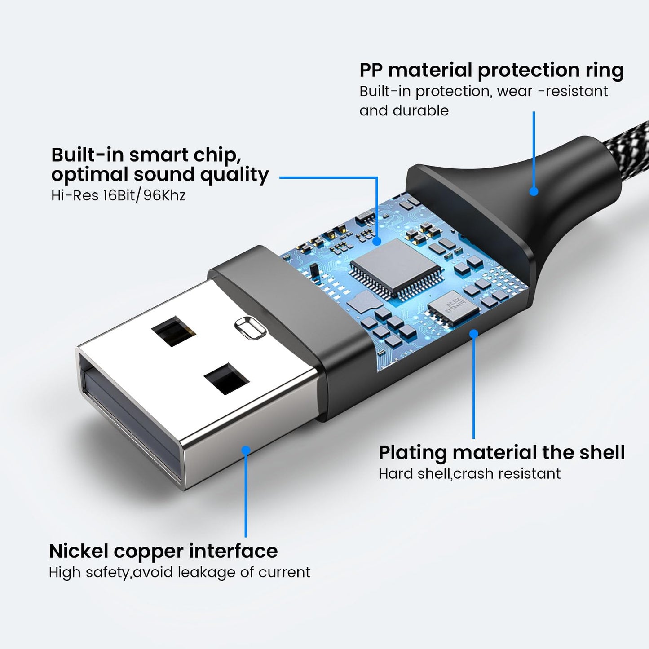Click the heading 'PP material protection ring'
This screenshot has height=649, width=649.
(x=491, y=71)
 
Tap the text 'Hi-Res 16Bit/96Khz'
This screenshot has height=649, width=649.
(x=118, y=195)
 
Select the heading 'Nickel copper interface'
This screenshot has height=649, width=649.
(x=163, y=552)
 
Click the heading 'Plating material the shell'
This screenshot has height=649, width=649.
(x=502, y=453)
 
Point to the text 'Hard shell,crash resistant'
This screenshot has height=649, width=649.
(x=469, y=473)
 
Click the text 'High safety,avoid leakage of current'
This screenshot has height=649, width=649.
(x=180, y=572)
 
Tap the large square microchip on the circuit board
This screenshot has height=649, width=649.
(x=395, y=269)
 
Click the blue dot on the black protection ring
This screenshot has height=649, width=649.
(x=534, y=191)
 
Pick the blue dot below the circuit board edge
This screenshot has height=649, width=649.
(x=474, y=333)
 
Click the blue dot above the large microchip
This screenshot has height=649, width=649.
(x=377, y=241)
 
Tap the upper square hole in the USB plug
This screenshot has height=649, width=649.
(x=173, y=331)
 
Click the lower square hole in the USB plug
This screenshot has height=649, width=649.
(x=227, y=379)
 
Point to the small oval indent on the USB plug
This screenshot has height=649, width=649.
(x=250, y=328)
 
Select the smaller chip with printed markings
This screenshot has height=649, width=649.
(x=453, y=309)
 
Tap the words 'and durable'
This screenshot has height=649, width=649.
(x=404, y=110)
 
